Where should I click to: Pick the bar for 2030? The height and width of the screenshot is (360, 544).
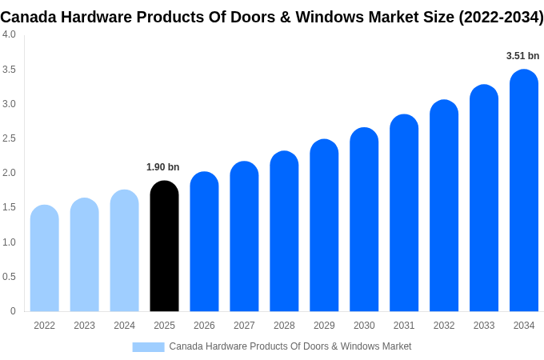[x=364, y=220]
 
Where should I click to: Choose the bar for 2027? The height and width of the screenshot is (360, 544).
[x=244, y=237]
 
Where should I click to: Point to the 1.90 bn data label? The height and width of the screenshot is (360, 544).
[x=163, y=167]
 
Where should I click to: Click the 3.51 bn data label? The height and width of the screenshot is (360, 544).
[x=523, y=56]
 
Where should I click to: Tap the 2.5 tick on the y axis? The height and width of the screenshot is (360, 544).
[x=9, y=138]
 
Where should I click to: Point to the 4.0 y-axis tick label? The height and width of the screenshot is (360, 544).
[x=9, y=34]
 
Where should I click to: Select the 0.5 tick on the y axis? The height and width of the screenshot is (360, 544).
[x=9, y=277]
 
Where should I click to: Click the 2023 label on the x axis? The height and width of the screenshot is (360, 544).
[x=84, y=326]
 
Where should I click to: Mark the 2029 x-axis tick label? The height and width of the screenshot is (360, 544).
[x=324, y=326]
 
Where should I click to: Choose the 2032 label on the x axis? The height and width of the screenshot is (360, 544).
[x=444, y=326]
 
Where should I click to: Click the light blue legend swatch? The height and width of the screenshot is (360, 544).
[x=148, y=346]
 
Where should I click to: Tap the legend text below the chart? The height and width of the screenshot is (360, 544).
[x=290, y=346]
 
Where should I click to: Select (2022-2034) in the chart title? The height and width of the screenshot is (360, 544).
[x=501, y=17]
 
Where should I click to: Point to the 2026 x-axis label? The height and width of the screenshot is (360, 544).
[x=204, y=326]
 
